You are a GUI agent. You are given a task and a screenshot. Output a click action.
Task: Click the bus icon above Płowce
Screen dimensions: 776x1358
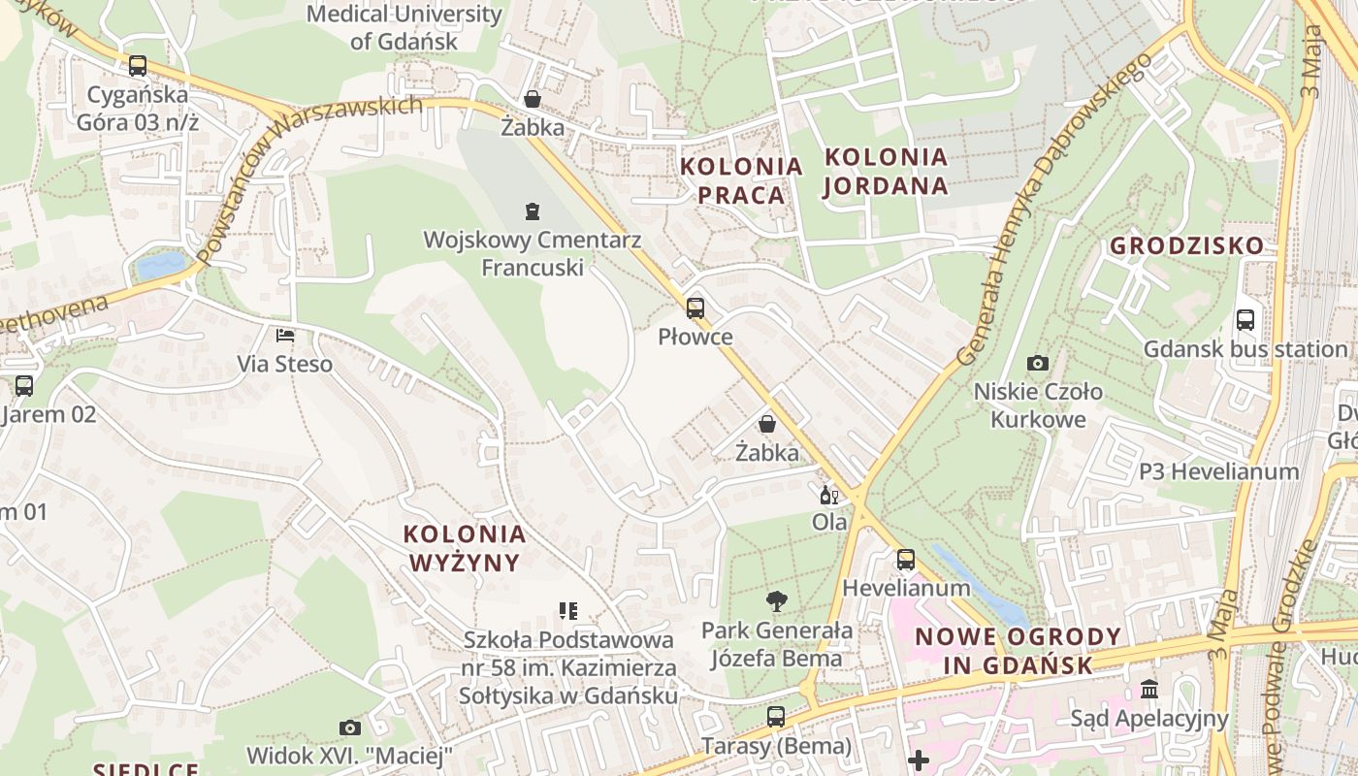(695, 308)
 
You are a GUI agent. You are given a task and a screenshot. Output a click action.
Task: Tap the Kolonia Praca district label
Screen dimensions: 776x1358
(741, 180)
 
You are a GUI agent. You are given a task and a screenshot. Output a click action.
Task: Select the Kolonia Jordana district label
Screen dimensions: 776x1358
(886, 171)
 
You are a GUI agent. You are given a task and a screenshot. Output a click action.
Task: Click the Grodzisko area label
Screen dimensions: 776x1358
(1187, 245)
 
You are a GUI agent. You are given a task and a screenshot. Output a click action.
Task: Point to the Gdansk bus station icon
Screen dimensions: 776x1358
(1245, 319)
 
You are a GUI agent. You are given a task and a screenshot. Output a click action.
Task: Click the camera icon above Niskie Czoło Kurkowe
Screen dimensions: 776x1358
(1038, 363)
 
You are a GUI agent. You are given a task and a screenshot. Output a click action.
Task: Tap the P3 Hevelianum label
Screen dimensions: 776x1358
(1218, 471)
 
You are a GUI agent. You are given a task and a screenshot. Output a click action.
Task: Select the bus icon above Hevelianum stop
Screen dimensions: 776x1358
(905, 559)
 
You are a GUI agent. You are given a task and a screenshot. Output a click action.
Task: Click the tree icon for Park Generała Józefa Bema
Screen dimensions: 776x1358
(776, 601)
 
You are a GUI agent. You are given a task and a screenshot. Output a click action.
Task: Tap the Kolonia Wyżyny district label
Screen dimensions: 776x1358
(465, 548)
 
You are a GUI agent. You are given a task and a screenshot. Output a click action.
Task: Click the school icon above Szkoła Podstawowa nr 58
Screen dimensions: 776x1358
(568, 611)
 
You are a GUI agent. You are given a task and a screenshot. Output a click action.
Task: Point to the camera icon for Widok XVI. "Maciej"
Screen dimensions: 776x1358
(349, 727)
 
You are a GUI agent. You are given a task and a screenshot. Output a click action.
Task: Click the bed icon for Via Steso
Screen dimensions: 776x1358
(285, 336)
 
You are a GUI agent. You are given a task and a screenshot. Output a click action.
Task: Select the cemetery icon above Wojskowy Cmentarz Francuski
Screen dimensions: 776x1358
(532, 210)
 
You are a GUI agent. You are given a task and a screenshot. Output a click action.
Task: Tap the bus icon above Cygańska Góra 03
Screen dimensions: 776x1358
(138, 66)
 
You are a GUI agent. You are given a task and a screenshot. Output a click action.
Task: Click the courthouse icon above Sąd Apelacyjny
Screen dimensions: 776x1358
(1149, 689)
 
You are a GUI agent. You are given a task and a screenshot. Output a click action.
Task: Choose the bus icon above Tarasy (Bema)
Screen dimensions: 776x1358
(776, 717)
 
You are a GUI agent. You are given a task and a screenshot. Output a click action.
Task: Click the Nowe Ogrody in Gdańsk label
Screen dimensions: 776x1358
(1018, 651)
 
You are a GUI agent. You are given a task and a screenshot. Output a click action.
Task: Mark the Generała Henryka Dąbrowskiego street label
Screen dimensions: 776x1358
(1054, 209)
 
